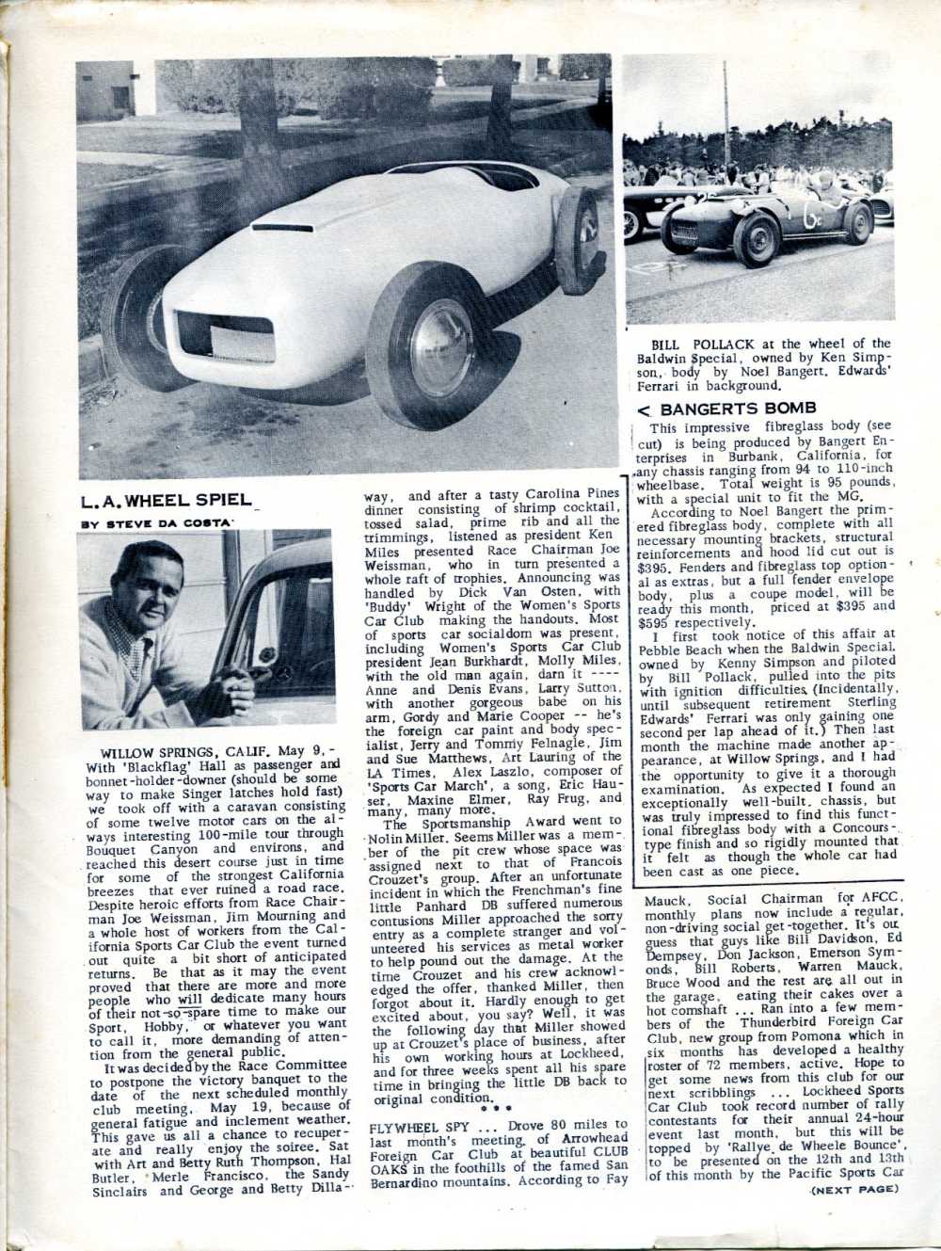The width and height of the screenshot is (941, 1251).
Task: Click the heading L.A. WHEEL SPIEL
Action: click(x=166, y=501)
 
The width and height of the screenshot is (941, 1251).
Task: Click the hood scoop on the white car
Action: click(x=282, y=227)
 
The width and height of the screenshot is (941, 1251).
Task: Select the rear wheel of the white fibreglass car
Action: click(x=579, y=240)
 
